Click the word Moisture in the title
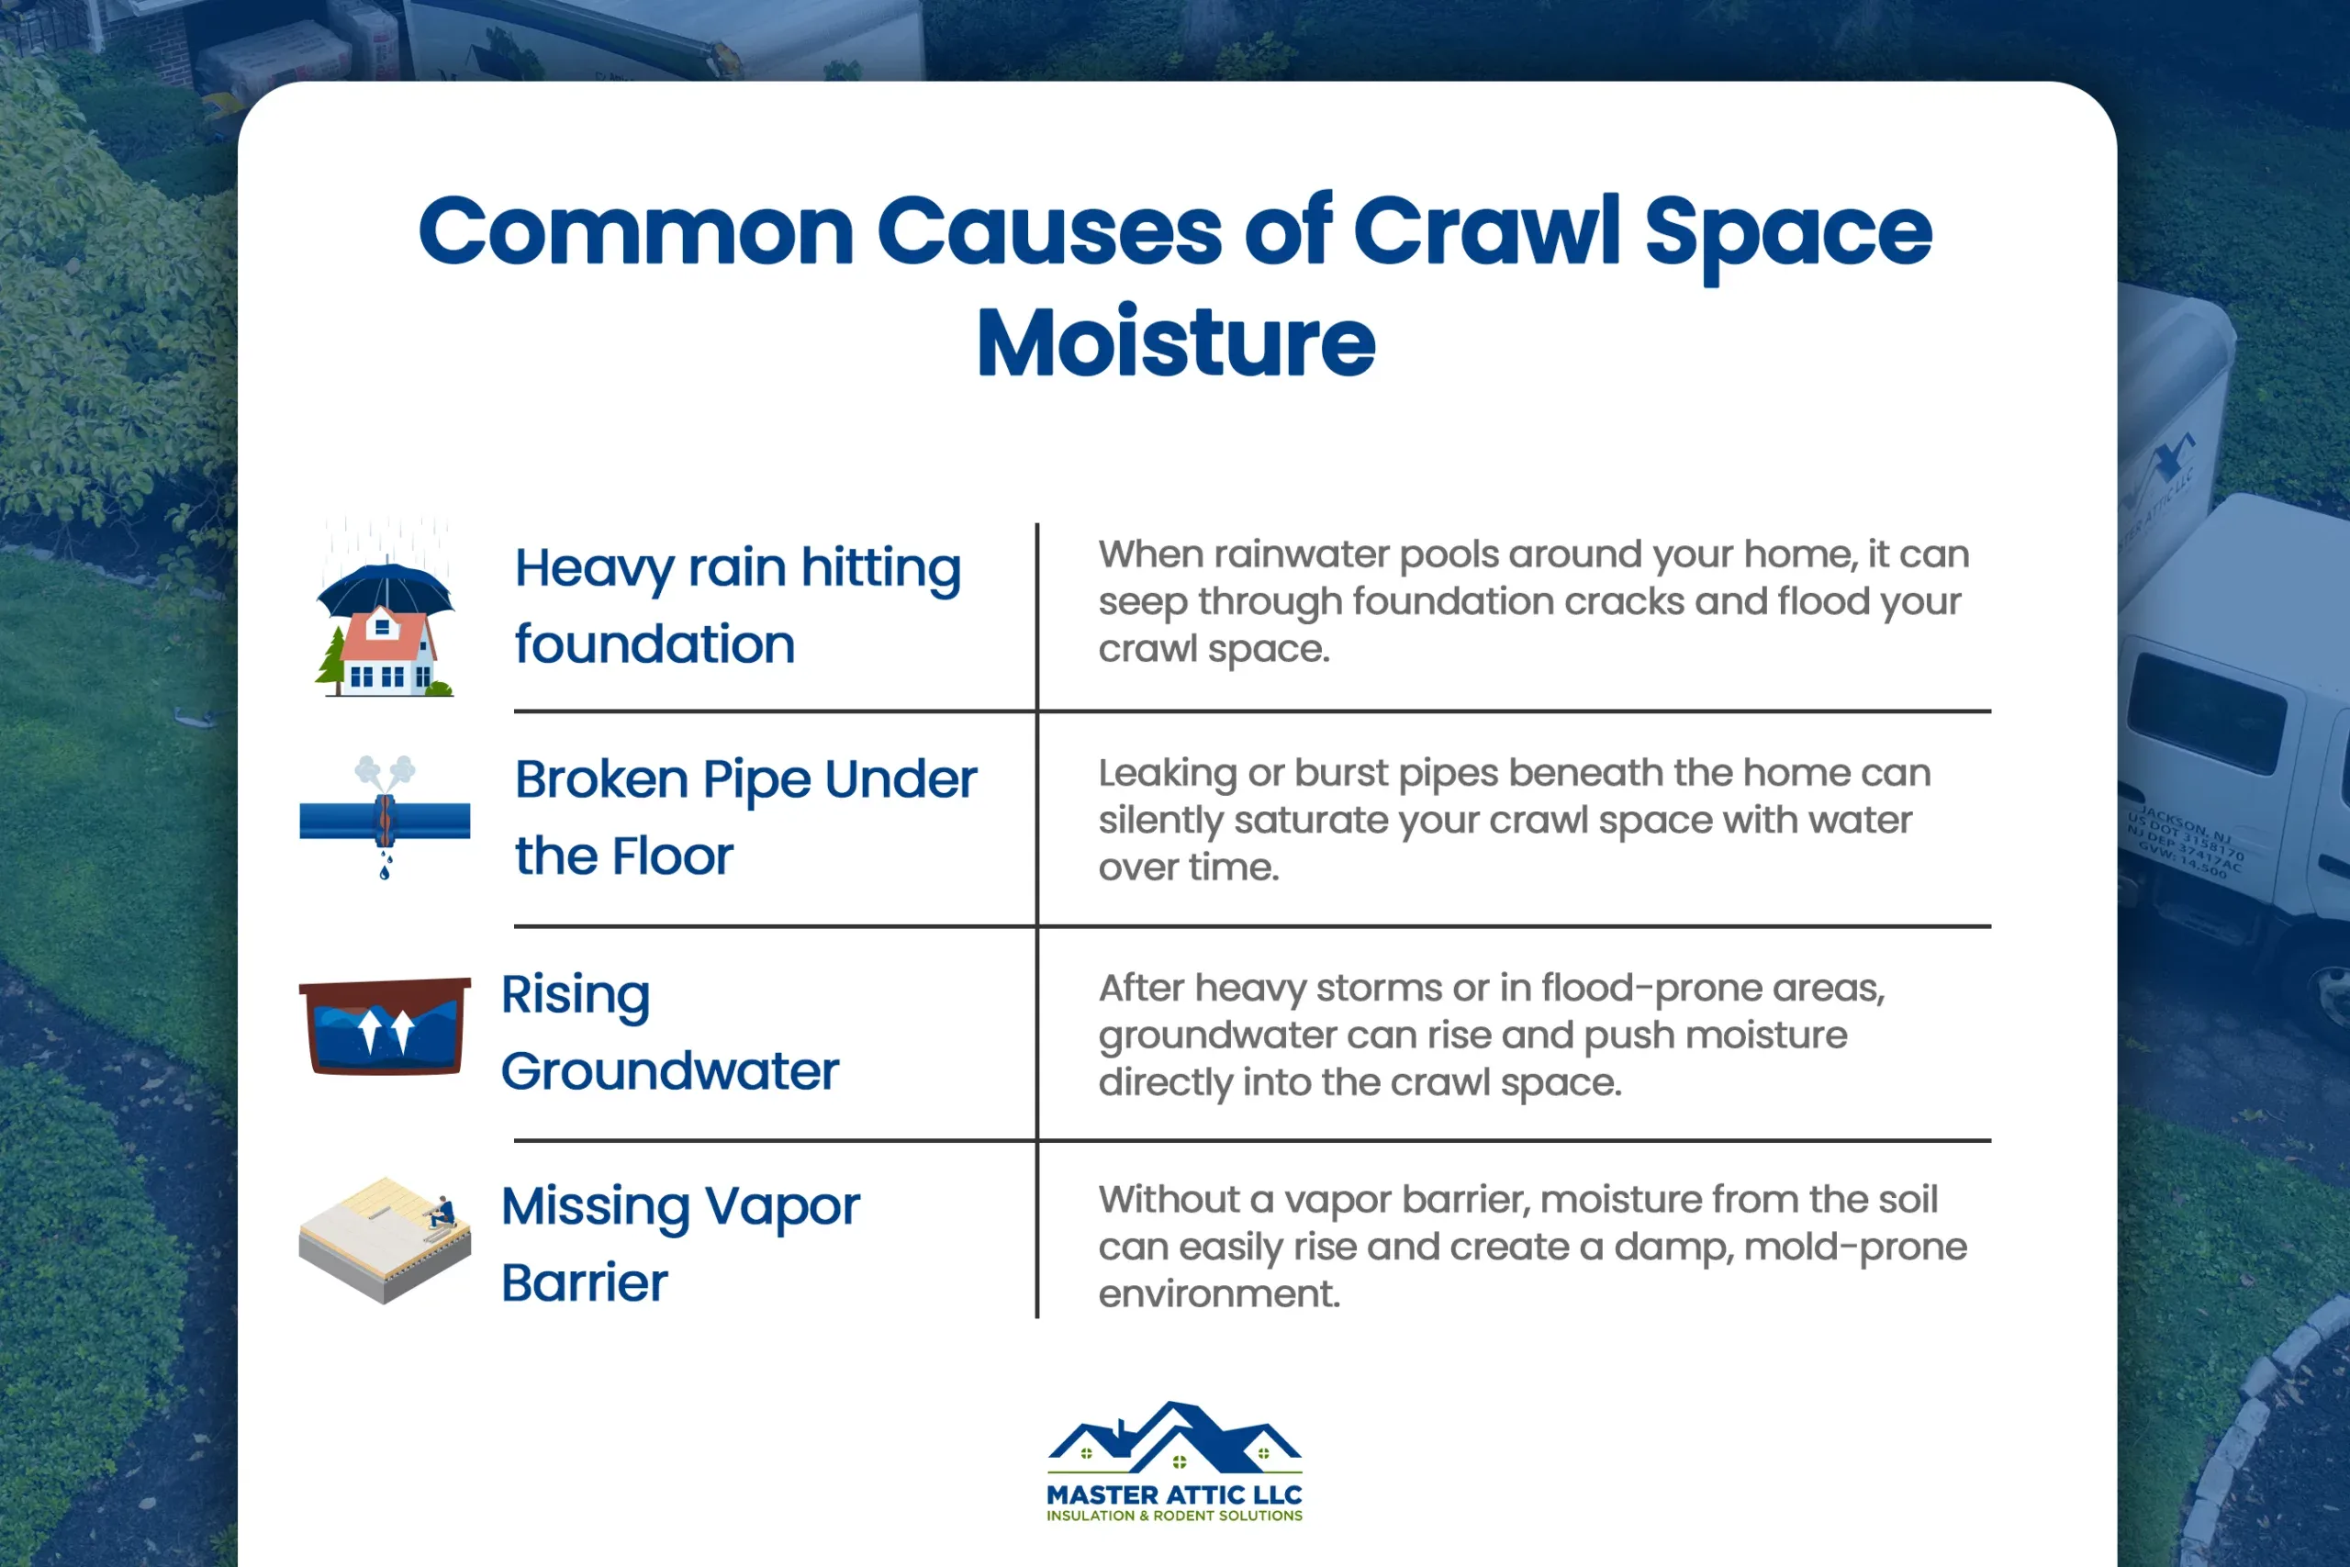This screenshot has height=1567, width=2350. (x=1175, y=343)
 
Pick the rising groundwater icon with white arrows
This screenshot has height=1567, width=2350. (x=385, y=1027)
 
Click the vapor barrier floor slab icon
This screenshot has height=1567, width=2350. (x=385, y=1239)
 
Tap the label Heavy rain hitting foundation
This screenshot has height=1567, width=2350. (x=737, y=606)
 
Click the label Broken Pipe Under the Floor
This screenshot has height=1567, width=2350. (x=744, y=818)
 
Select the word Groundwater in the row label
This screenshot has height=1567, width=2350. (x=669, y=1072)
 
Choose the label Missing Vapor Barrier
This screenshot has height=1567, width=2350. (x=679, y=1244)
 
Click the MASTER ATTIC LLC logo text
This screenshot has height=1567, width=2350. (x=1174, y=1495)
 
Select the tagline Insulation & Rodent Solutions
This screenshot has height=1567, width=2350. (x=1174, y=1516)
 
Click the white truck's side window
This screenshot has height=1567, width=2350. (x=2207, y=713)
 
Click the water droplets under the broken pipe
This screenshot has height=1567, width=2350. (x=386, y=866)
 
